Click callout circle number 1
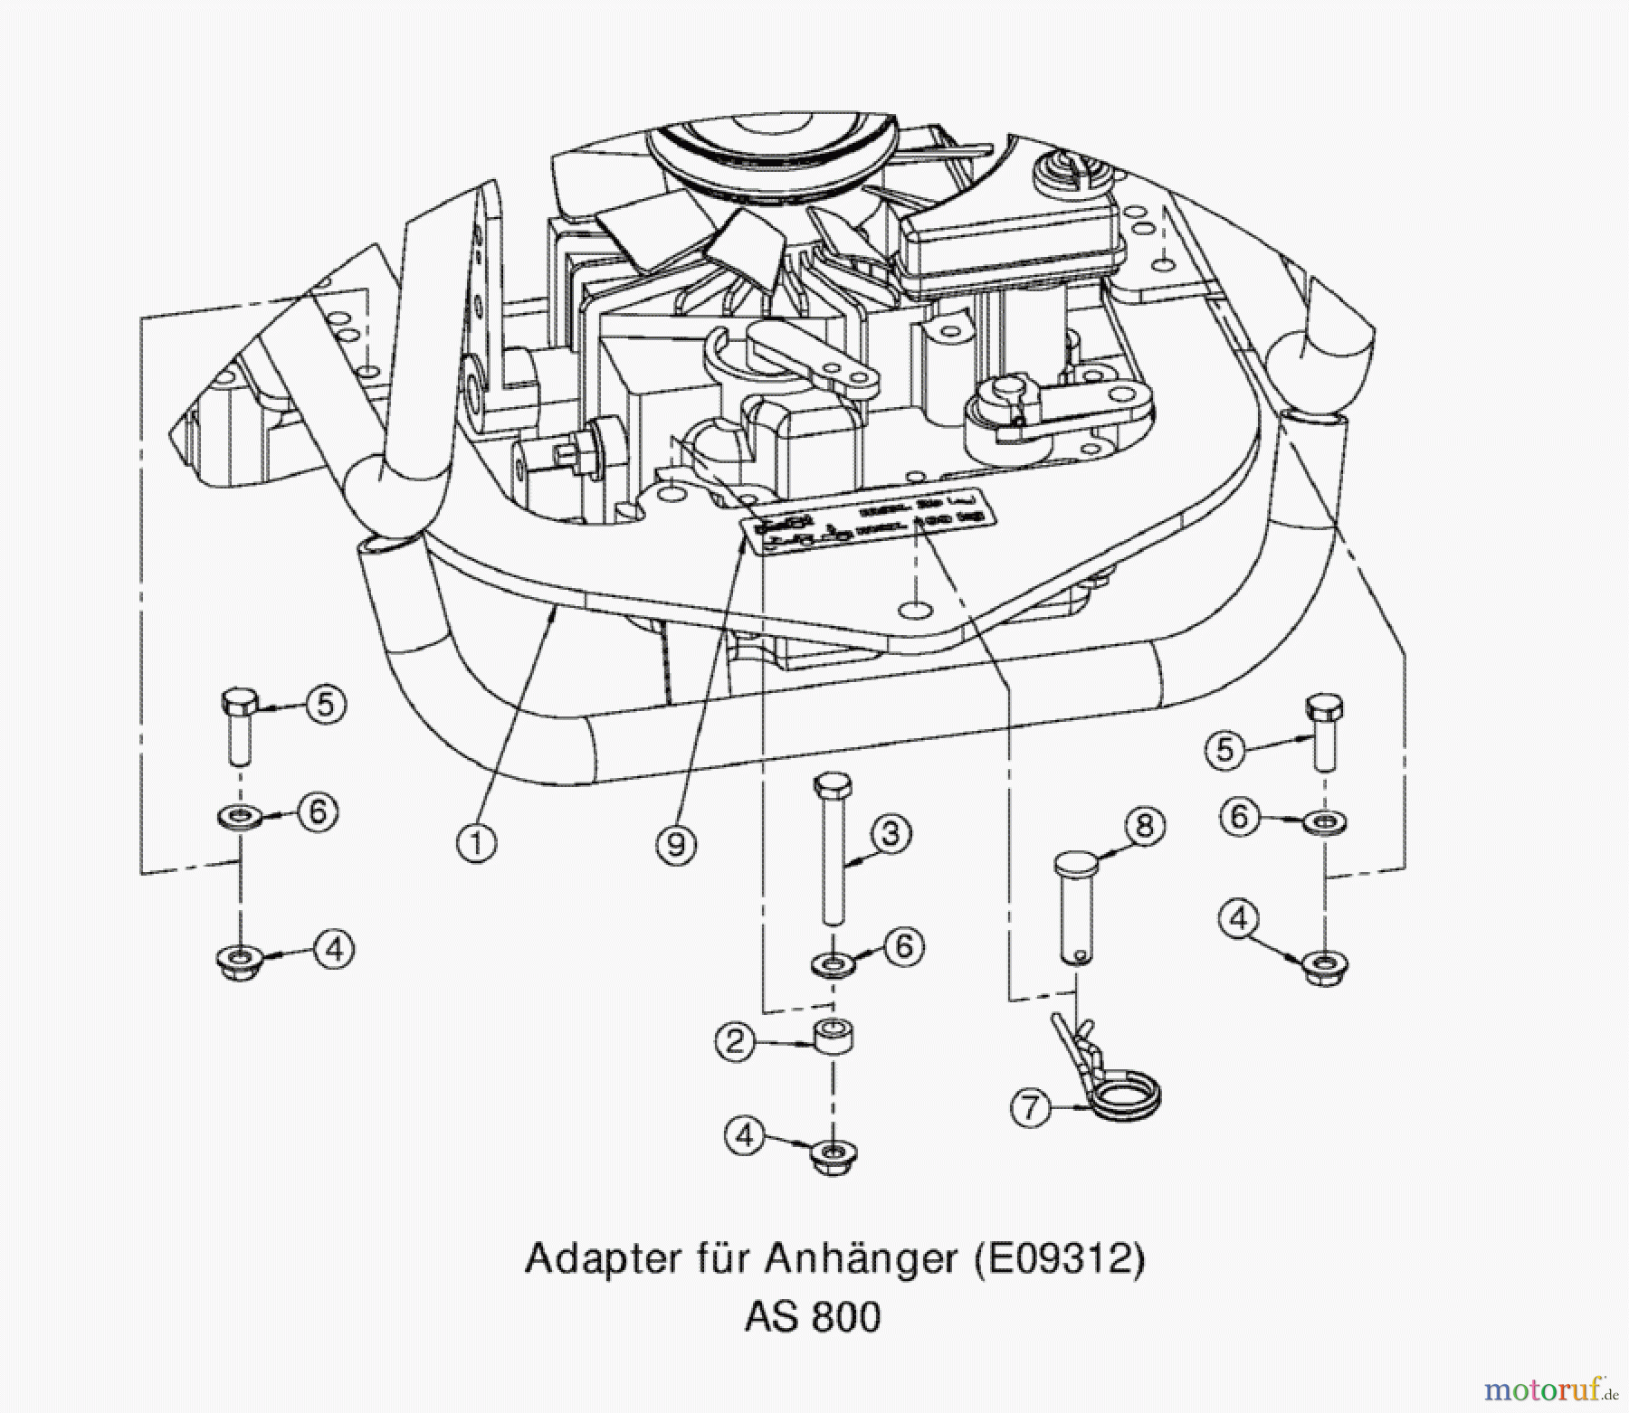[477, 843]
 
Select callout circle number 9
[676, 845]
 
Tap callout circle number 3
[891, 833]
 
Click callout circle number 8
[1144, 825]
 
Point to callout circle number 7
[1031, 1107]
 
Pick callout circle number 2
[735, 1041]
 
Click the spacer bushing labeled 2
[834, 1037]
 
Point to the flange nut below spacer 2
[833, 1156]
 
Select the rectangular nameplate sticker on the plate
[869, 525]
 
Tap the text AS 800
[813, 1317]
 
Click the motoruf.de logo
[1548, 1388]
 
